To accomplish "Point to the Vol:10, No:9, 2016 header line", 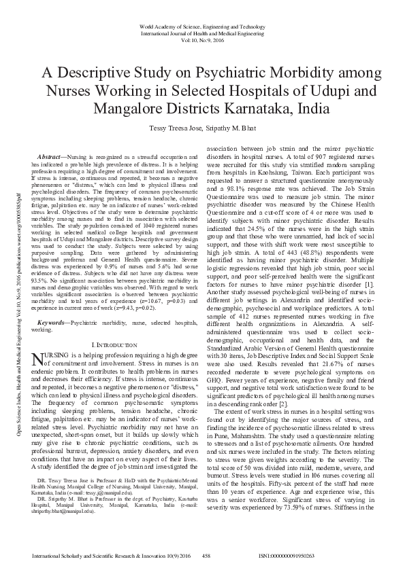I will (202, 39).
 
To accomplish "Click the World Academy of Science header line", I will (202, 26).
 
